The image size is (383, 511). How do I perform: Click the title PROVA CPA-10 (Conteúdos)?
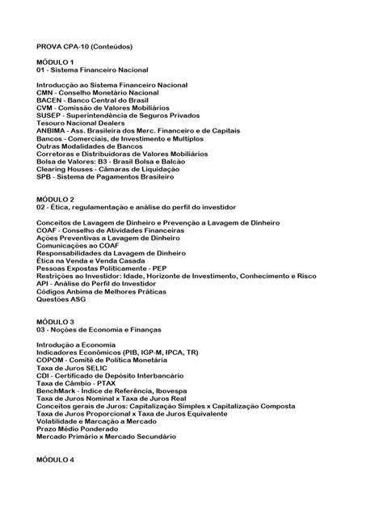(89, 48)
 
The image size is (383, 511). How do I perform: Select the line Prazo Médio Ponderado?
(78, 429)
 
